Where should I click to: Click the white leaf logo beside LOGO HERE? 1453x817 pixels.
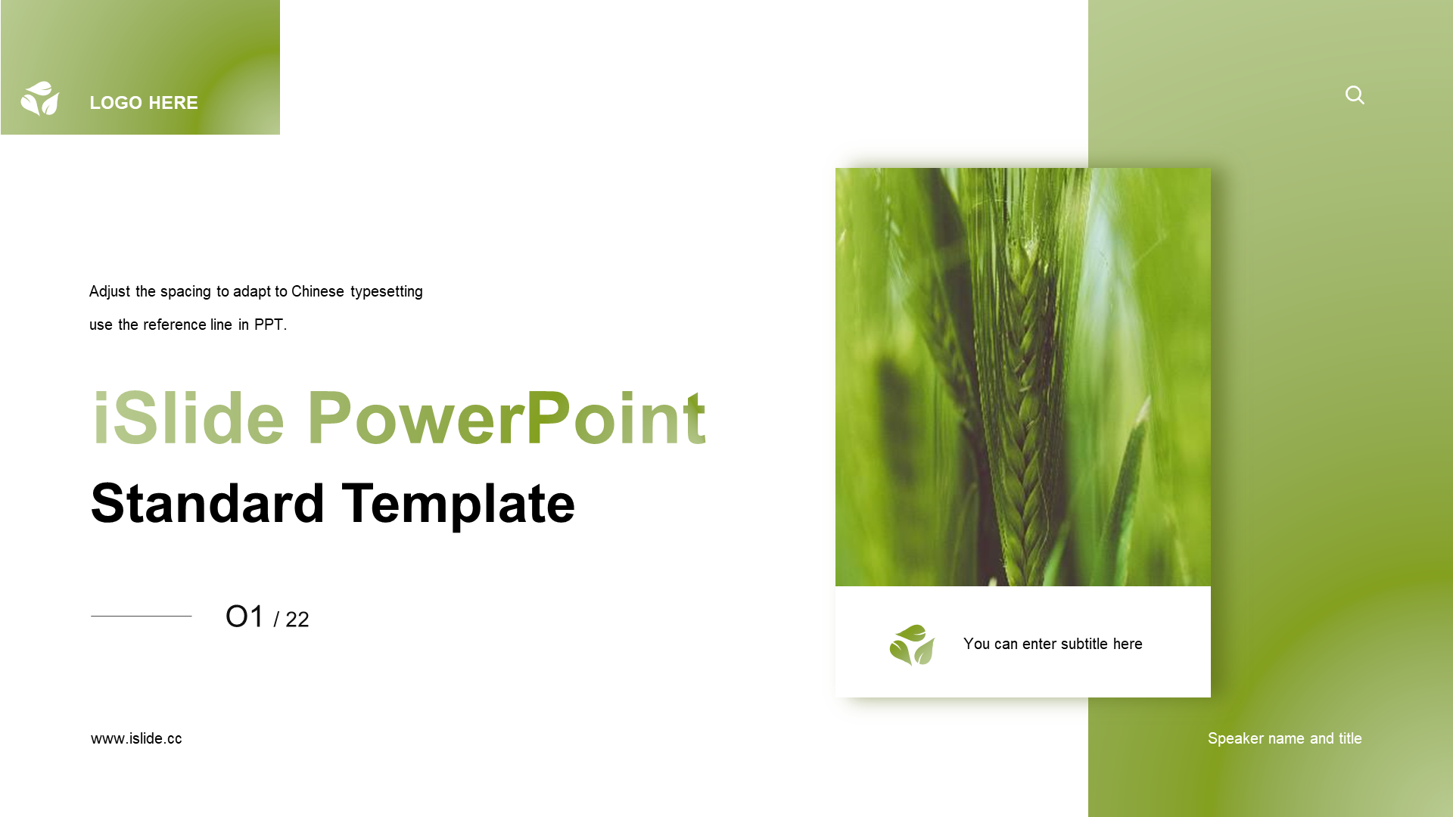tap(40, 98)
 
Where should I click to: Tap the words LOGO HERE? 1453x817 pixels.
tap(144, 103)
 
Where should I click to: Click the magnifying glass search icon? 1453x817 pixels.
tap(1355, 95)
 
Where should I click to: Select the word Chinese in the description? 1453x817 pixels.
tap(318, 291)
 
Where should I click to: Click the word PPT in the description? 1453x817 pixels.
tap(269, 325)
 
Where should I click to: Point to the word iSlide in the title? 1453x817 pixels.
tap(188, 418)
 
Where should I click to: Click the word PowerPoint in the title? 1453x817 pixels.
tap(506, 418)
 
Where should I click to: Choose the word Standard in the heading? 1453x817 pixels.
tap(207, 503)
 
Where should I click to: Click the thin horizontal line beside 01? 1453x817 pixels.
tap(142, 616)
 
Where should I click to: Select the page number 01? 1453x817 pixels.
tap(244, 617)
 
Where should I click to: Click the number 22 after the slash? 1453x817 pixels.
tap(297, 620)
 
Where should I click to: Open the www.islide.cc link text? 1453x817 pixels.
tap(136, 738)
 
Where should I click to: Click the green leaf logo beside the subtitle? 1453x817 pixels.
tap(912, 645)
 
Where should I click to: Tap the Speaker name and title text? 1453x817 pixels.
tap(1285, 738)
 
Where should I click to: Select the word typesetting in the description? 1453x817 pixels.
tap(387, 292)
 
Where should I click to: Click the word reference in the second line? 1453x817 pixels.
tap(175, 325)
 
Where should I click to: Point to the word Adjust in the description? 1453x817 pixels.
tap(110, 292)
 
